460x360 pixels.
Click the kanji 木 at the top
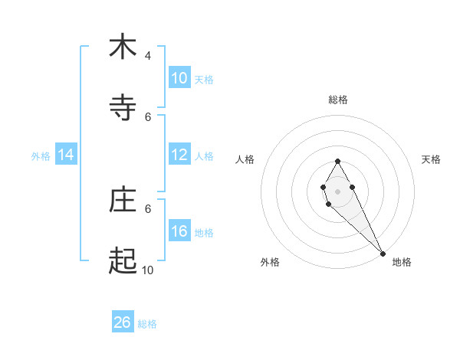[123, 47]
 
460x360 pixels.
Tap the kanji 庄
[123, 200]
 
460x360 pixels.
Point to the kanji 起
[123, 261]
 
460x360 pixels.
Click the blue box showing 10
[179, 78]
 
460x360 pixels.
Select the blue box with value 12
[179, 155]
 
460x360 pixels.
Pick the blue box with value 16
[179, 231]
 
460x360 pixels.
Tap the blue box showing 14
[66, 155]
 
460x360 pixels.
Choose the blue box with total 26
[123, 322]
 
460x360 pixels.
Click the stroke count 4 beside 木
[148, 56]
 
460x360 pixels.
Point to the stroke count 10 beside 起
[147, 270]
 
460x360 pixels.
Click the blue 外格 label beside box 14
[41, 155]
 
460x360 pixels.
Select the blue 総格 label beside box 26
[147, 324]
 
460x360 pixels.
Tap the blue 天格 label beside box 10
[204, 80]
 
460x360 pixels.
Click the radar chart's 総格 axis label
[338, 100]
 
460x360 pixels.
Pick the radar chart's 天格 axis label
[431, 159]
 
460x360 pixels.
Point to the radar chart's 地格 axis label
[402, 262]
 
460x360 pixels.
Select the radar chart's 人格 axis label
[245, 159]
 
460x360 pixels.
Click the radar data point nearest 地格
[383, 252]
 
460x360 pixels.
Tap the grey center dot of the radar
[337, 190]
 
